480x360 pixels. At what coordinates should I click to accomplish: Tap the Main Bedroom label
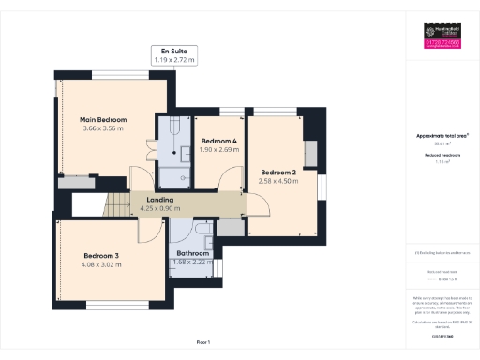click(103, 120)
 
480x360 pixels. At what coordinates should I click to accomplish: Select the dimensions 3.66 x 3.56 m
click(103, 128)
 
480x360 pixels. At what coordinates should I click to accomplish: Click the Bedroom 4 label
click(220, 141)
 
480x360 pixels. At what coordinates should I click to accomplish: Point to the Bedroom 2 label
click(278, 172)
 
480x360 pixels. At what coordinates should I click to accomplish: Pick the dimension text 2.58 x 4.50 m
click(278, 181)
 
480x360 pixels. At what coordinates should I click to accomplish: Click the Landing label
click(157, 199)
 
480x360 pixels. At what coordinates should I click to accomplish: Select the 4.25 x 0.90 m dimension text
click(157, 207)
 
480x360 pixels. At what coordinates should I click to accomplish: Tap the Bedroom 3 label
click(102, 256)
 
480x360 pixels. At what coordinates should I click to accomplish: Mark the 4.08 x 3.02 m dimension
click(102, 264)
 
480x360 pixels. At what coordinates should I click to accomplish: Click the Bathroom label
click(194, 253)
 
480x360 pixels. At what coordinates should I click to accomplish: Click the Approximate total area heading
click(442, 135)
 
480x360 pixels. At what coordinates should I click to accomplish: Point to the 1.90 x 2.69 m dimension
click(220, 149)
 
